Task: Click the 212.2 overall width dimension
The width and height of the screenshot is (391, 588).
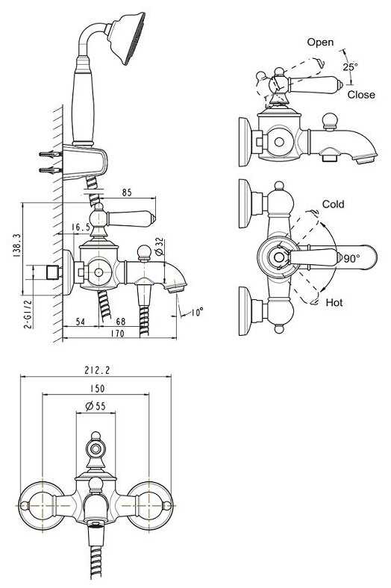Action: (97, 371)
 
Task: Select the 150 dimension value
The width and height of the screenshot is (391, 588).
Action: (98, 389)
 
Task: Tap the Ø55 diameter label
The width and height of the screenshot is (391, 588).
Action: (96, 406)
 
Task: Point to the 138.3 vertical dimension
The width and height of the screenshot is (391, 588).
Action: (16, 245)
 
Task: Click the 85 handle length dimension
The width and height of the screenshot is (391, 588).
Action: (127, 193)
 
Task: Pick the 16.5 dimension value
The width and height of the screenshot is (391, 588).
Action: (81, 228)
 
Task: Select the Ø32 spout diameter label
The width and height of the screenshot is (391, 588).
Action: (159, 246)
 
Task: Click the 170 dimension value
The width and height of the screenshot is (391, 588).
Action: (118, 333)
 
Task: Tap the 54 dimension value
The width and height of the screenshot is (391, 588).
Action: (81, 322)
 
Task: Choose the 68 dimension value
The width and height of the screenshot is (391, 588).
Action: (121, 322)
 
